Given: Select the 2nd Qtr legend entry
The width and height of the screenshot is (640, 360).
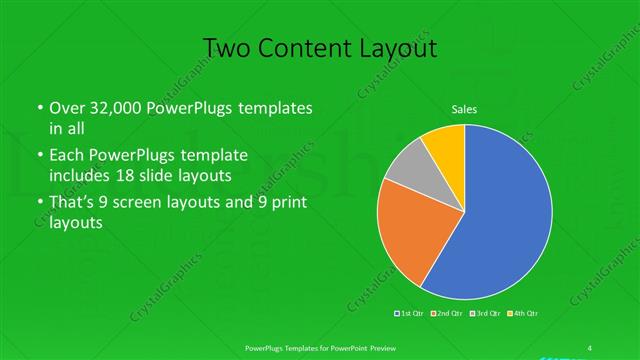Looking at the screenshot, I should pos(448,313).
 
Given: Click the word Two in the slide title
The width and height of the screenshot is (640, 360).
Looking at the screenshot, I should pos(227,48).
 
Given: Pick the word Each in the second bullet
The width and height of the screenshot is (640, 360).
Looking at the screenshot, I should pos(68,155).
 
